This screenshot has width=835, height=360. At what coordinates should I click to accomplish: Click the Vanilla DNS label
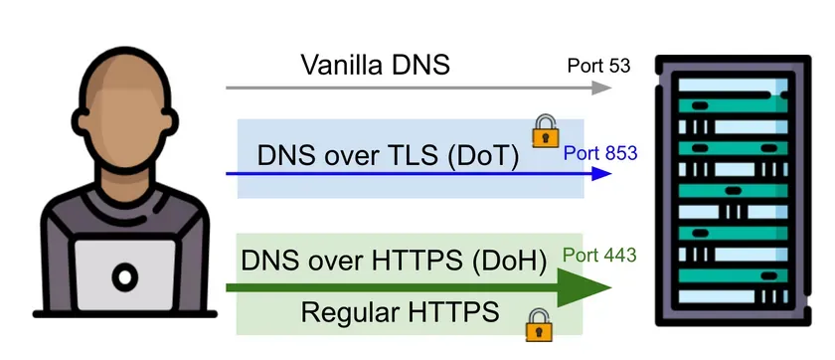[x=376, y=66]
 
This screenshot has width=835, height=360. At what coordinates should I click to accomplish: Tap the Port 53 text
[x=598, y=66]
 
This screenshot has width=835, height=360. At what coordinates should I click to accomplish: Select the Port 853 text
[x=599, y=154]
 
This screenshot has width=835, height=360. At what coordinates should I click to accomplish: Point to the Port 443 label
[x=599, y=255]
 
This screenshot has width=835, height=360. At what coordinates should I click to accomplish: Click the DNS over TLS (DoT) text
[x=388, y=156]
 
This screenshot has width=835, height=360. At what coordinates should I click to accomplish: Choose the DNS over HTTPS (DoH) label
[x=395, y=262]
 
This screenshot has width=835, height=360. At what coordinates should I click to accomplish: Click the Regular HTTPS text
[x=400, y=313]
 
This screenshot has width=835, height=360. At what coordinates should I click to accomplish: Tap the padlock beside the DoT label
[x=544, y=129]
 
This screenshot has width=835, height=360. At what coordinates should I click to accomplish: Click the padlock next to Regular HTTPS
[x=538, y=322]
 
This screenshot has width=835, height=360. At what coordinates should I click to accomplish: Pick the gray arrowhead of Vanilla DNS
[x=600, y=88]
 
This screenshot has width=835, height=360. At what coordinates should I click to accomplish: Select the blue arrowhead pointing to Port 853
[x=599, y=173]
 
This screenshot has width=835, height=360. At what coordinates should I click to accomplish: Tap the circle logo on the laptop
[x=124, y=275]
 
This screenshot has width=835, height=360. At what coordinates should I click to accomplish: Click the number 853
[x=617, y=154]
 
